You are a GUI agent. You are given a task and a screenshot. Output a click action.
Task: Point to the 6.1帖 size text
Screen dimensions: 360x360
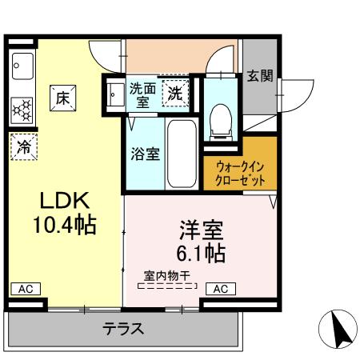(201, 254)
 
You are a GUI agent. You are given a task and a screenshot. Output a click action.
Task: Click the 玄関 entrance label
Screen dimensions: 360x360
(259, 76)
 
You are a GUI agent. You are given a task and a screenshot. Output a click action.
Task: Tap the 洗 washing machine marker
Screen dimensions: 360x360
(175, 93)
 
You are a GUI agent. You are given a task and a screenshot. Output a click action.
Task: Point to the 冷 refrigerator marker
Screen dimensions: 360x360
(25, 146)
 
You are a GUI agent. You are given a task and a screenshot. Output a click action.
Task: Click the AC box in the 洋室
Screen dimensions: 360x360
(221, 289)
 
